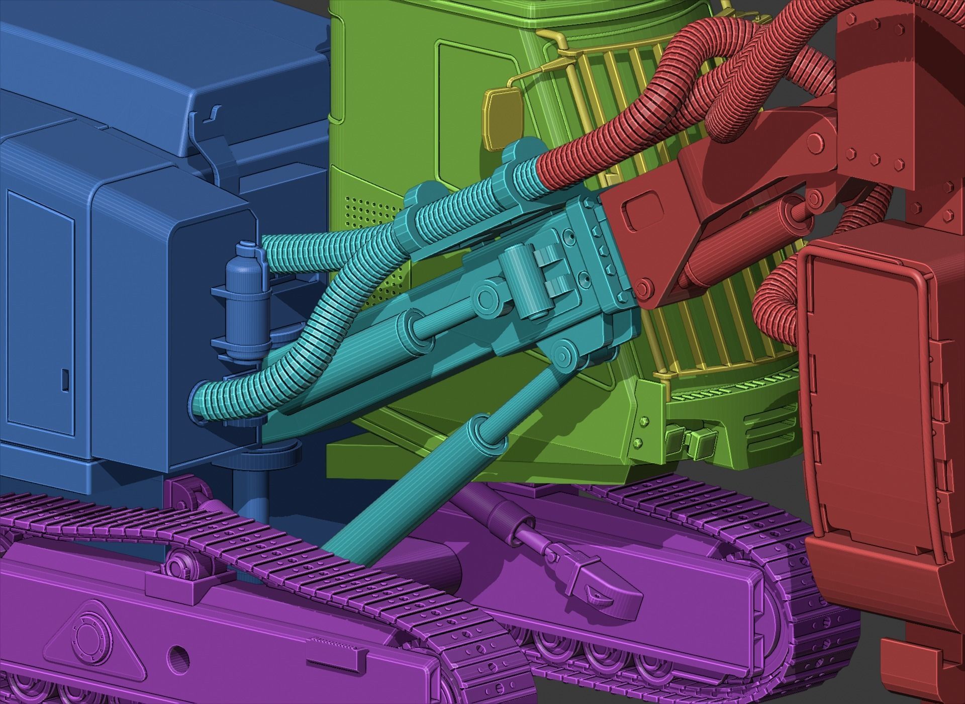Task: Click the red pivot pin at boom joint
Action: click(644, 288)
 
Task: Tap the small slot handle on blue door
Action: click(65, 380)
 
